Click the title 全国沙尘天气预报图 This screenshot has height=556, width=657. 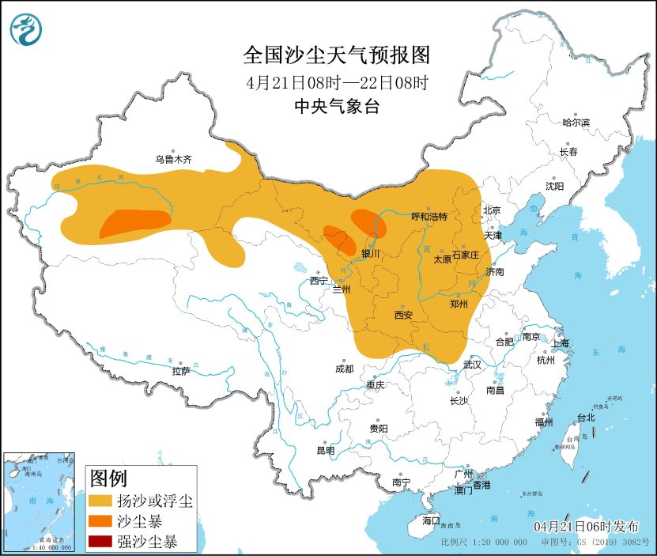(x=336, y=55)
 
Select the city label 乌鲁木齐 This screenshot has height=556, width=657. (x=173, y=159)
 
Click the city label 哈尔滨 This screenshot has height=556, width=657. (x=576, y=123)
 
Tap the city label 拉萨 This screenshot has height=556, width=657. (x=180, y=370)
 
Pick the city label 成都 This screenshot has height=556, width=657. (x=344, y=368)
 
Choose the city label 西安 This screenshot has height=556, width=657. (x=402, y=315)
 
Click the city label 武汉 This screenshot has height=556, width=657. (x=472, y=365)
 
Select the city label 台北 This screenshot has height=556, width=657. (x=585, y=417)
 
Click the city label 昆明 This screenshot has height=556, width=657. (x=325, y=450)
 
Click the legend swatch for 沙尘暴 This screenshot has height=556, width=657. (x=100, y=521)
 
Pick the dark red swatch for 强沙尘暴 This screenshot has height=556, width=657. (x=100, y=542)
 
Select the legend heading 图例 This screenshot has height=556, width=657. (x=108, y=478)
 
